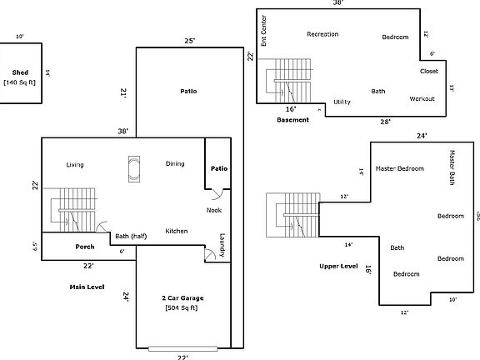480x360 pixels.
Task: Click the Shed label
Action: (x=20, y=72)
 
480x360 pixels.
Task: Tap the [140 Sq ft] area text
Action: (x=20, y=82)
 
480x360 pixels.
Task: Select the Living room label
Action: (x=75, y=164)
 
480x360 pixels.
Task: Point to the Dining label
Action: (x=175, y=163)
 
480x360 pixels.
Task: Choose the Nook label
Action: (x=214, y=210)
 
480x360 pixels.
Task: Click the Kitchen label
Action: (x=176, y=231)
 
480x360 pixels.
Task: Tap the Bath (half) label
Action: (x=134, y=235)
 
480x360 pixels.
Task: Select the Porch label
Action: (x=85, y=247)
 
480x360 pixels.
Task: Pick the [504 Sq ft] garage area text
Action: (x=182, y=307)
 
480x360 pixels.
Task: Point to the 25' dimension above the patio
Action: (x=189, y=41)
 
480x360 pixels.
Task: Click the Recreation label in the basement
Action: (x=322, y=34)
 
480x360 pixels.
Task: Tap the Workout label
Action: (x=422, y=98)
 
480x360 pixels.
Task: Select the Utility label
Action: (x=342, y=102)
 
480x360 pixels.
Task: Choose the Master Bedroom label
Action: (x=400, y=168)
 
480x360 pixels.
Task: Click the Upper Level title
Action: (x=338, y=267)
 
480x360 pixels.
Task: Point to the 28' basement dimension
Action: (x=385, y=122)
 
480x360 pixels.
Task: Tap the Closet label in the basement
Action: (x=429, y=71)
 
